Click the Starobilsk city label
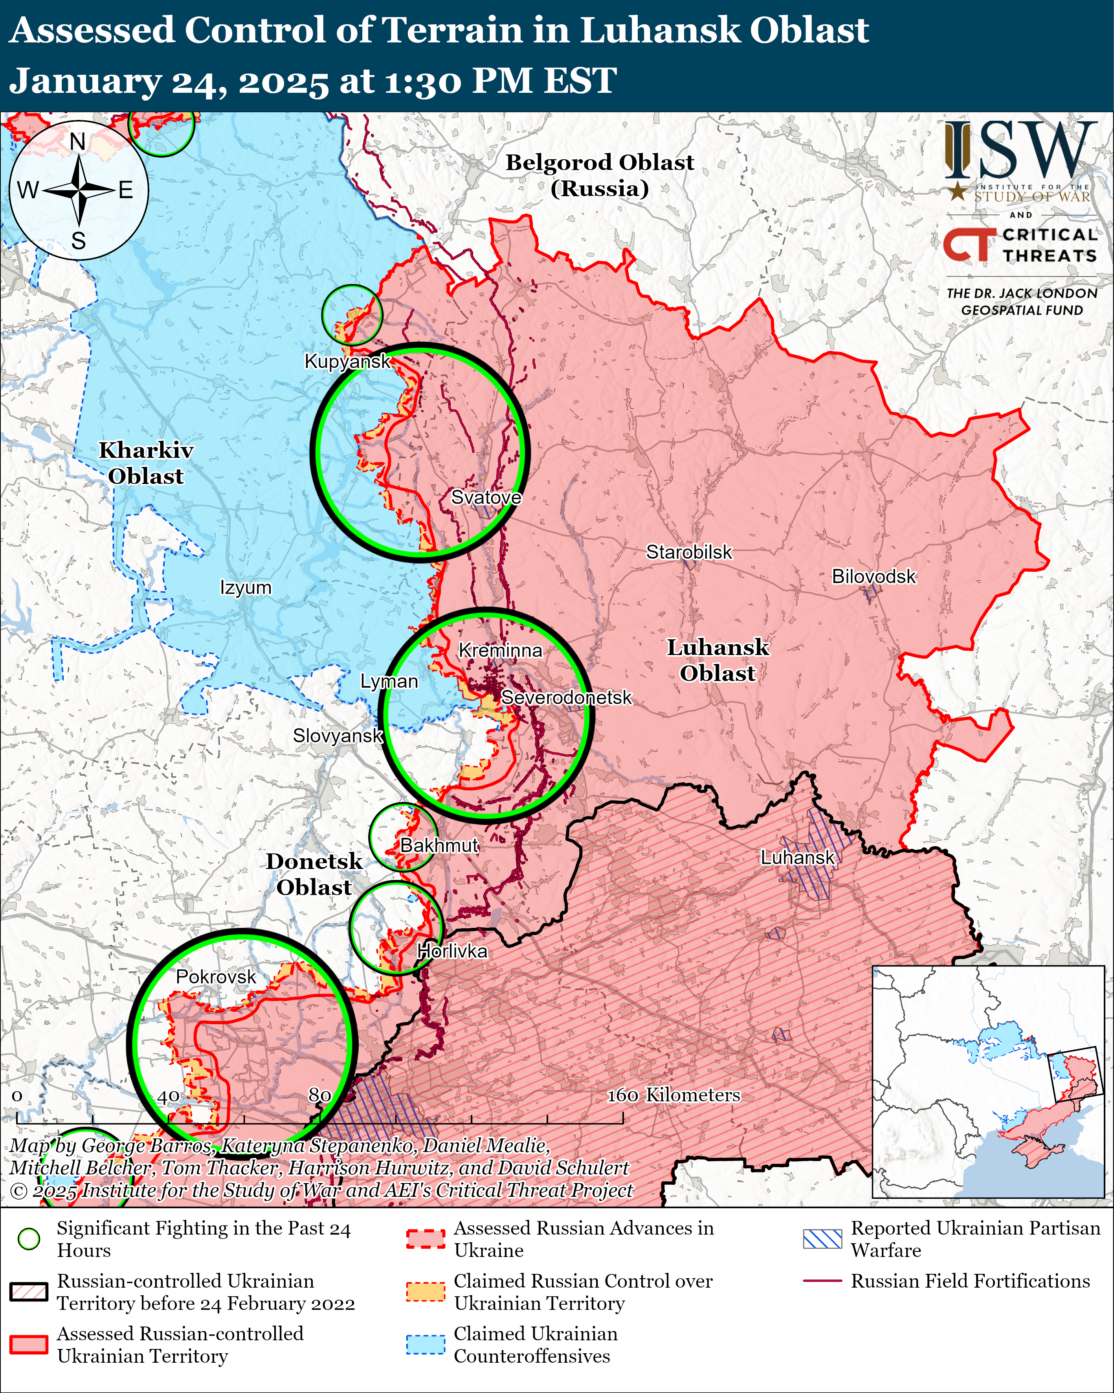pyautogui.click(x=689, y=552)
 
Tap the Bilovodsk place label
pyautogui.click(x=873, y=576)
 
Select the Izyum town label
pyautogui.click(x=246, y=588)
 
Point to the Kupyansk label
pyautogui.click(x=347, y=361)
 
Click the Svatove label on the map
pyautogui.click(x=486, y=497)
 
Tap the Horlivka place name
pyautogui.click(x=452, y=951)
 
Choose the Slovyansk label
pyautogui.click(x=338, y=736)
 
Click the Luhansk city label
pyautogui.click(x=798, y=858)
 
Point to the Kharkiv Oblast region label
pyautogui.click(x=146, y=463)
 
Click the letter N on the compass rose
pyautogui.click(x=77, y=142)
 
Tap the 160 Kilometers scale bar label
pyautogui.click(x=673, y=1095)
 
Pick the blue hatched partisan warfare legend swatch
pyautogui.click(x=822, y=1238)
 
